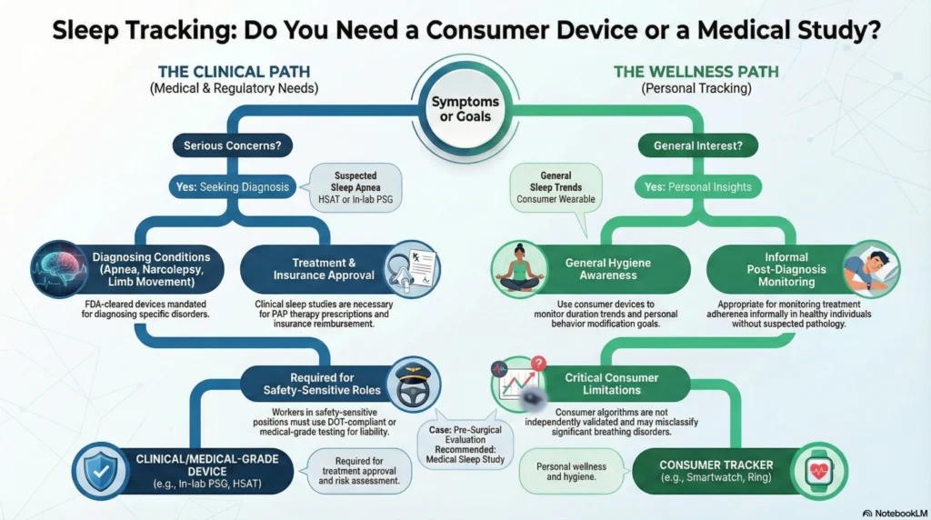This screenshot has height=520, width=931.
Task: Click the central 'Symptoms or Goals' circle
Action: click(x=465, y=108)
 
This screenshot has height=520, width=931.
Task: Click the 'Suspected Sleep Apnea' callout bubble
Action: click(x=356, y=187)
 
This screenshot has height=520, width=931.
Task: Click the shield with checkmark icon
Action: click(x=101, y=470)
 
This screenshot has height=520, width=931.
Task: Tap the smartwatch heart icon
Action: click(x=822, y=471)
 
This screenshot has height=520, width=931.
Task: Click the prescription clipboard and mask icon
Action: click(x=410, y=270)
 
